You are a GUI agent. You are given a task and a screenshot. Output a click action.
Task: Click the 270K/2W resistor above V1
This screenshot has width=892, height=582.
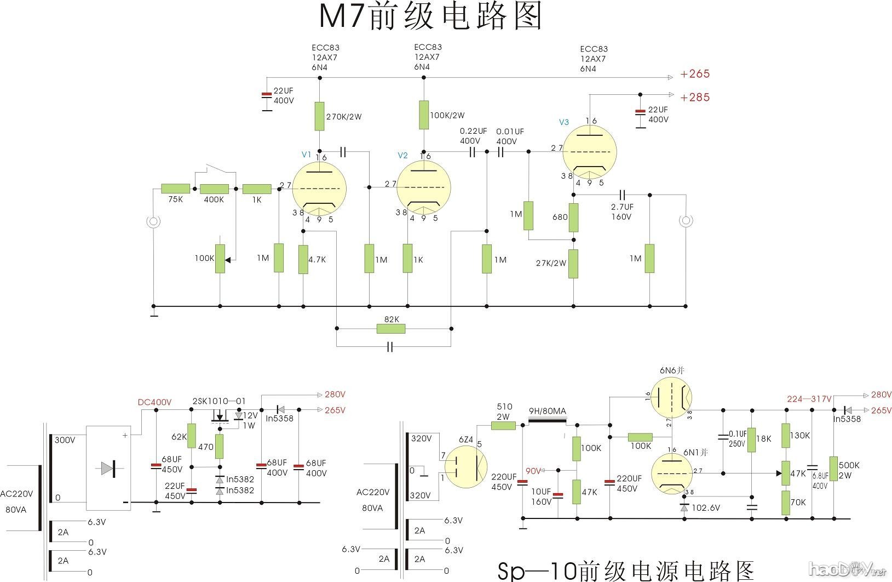tap(319, 116)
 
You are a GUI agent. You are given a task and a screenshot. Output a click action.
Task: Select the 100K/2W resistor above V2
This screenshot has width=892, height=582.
tap(423, 115)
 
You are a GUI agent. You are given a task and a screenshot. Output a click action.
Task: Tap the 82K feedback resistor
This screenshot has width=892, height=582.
tap(391, 329)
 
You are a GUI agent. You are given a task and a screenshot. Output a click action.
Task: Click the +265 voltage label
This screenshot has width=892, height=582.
tap(695, 74)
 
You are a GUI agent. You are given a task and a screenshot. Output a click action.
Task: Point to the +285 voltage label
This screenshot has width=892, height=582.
tap(695, 98)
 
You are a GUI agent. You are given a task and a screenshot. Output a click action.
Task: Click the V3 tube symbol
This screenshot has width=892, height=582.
tap(590, 152)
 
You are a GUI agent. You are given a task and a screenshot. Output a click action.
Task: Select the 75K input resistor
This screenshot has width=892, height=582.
tap(175, 189)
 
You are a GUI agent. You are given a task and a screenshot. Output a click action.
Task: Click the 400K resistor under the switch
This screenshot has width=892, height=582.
tap(214, 189)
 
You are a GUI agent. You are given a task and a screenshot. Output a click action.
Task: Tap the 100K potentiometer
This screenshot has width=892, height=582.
tap(220, 259)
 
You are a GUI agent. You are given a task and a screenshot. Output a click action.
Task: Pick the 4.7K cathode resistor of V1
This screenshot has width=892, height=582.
tap(303, 259)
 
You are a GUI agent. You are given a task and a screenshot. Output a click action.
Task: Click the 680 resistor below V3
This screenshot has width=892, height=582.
tap(573, 218)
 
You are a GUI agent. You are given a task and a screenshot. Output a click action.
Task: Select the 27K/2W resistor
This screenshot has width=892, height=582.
tap(573, 264)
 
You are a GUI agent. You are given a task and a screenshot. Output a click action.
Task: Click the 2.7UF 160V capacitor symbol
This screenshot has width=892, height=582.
tap(622, 195)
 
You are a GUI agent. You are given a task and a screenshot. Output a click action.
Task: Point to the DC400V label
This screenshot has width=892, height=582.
tap(154, 402)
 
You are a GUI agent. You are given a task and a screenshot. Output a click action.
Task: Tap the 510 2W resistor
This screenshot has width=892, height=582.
tap(503, 425)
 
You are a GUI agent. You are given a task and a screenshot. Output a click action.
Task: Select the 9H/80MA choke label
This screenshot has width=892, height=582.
tap(547, 412)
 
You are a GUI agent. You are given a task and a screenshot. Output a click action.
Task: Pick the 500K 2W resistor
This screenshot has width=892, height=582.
tap(833, 469)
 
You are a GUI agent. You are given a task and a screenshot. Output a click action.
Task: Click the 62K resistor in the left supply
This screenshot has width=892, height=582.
tap(191, 436)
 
